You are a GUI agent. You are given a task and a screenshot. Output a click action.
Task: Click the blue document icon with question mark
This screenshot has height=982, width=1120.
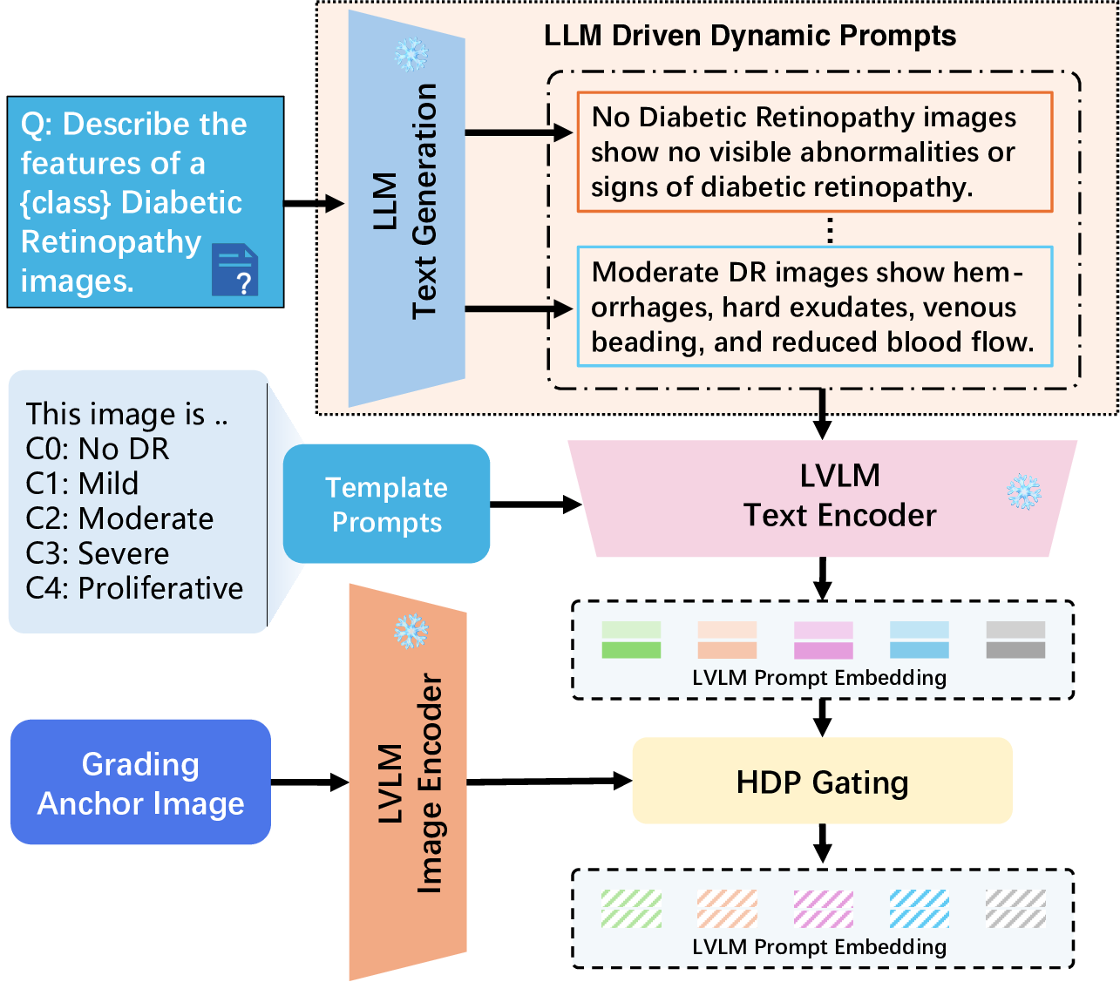click(234, 269)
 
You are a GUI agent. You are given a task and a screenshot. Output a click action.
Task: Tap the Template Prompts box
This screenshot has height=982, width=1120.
click(386, 504)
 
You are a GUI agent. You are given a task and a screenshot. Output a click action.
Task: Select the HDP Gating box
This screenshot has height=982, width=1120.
click(822, 782)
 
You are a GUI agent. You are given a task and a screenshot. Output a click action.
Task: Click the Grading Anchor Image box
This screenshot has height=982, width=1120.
click(140, 782)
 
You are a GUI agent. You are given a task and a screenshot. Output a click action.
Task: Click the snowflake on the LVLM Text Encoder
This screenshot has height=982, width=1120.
click(1024, 492)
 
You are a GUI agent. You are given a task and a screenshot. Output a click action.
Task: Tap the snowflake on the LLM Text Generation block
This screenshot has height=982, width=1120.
click(411, 55)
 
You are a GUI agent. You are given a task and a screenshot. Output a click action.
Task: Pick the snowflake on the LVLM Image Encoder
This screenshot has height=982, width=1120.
click(411, 631)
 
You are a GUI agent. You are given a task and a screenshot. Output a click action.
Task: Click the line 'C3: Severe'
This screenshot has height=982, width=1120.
click(98, 553)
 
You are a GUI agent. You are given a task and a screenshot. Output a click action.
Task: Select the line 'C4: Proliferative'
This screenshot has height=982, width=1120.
click(134, 588)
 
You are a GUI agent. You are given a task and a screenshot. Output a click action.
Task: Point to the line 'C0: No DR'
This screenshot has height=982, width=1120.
click(98, 449)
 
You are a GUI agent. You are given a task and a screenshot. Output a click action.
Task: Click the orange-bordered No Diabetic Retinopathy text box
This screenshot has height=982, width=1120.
click(814, 152)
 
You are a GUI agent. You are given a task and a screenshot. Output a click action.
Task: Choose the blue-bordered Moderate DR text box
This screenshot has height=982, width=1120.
click(814, 307)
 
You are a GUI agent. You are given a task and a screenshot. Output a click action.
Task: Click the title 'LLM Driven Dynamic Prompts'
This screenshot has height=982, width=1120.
click(750, 36)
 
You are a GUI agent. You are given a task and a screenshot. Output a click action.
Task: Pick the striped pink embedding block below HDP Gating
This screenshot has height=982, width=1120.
click(823, 909)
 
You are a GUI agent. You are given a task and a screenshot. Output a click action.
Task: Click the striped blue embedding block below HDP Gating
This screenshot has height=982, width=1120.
click(919, 909)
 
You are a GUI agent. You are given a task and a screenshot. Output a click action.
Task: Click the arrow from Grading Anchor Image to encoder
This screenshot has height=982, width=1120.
click(309, 782)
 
